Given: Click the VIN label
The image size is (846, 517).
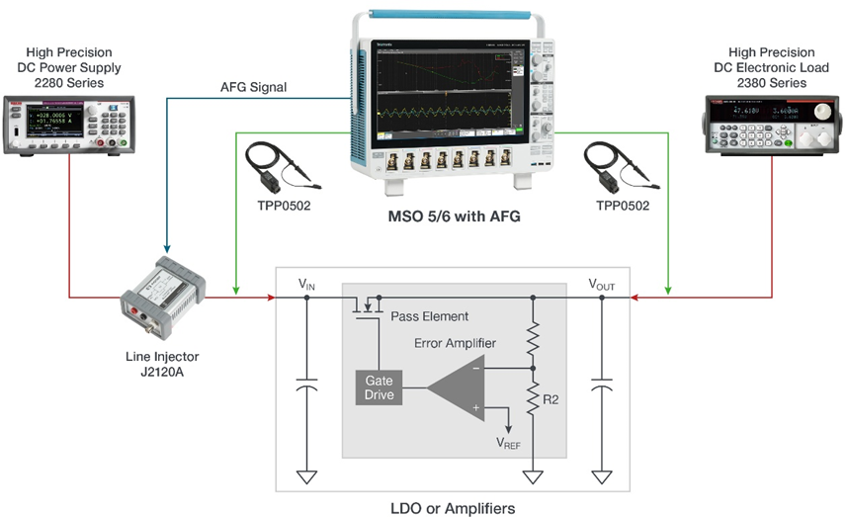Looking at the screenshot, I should [308, 283].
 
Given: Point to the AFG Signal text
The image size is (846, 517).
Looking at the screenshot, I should [253, 87].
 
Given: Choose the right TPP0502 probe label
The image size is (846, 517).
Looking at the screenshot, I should [617, 208].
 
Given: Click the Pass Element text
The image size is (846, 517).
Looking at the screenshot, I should [429, 316].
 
